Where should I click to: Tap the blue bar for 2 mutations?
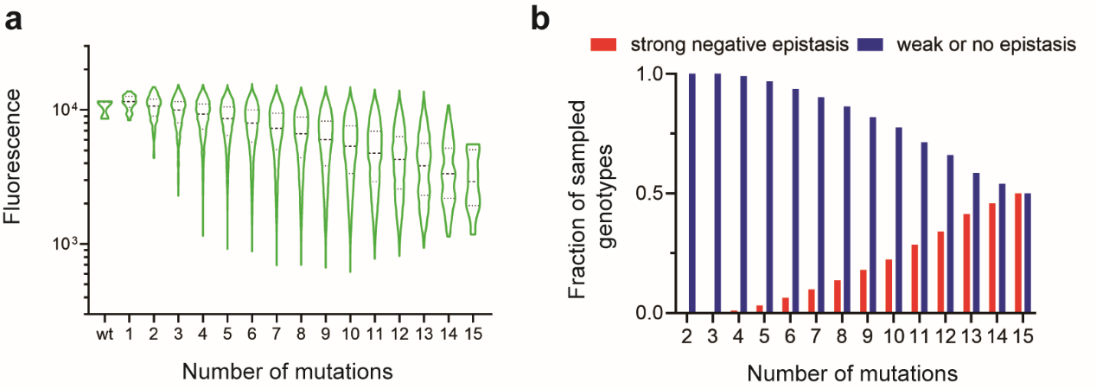692,194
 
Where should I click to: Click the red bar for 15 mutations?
1019,253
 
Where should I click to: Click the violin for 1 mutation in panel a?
130,105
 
